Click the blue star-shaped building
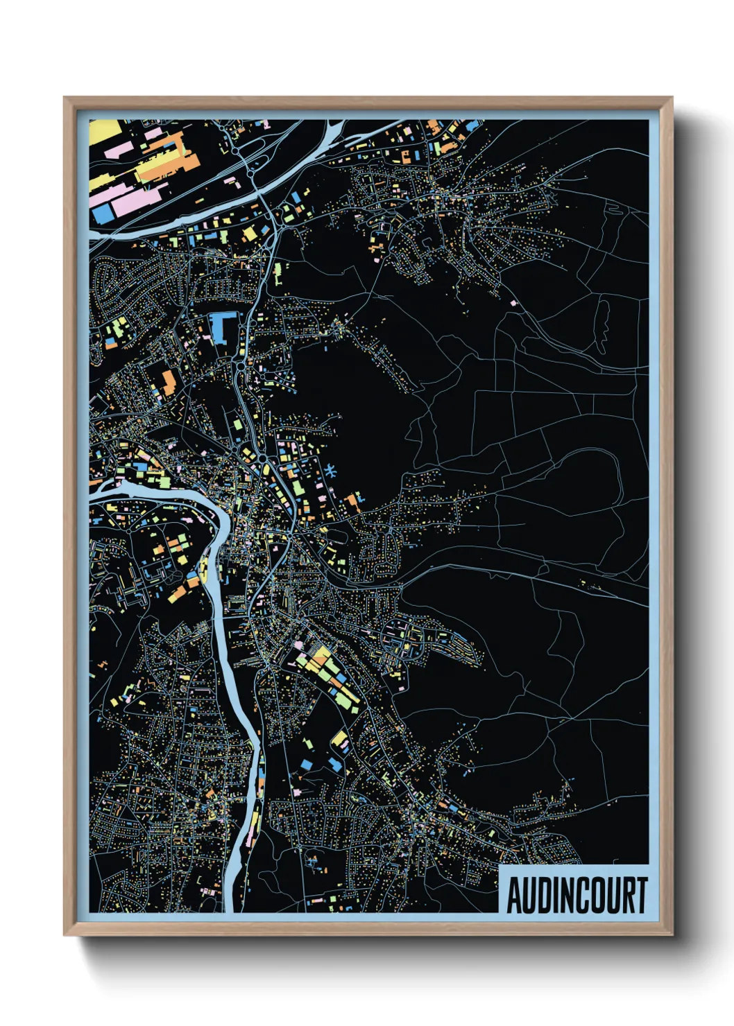pyautogui.click(x=330, y=471)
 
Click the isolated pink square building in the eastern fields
pyautogui.click(x=513, y=303)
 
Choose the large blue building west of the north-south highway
pyautogui.click(x=221, y=327)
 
